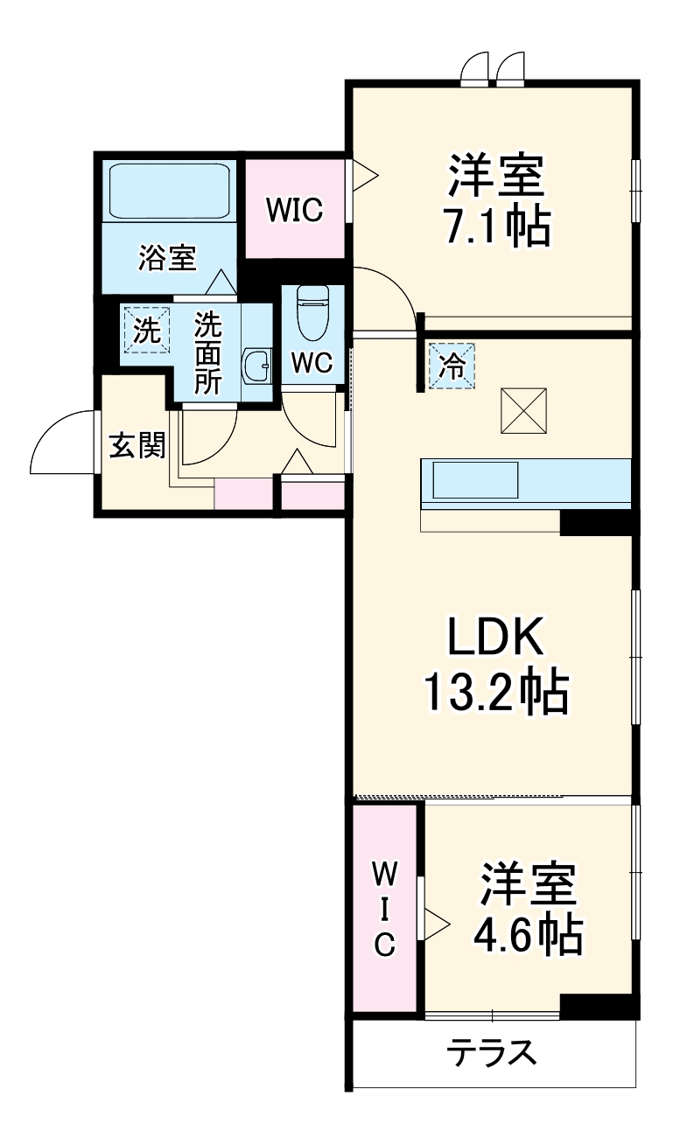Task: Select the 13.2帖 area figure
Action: pos(495,693)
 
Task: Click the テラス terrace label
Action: pos(492,1053)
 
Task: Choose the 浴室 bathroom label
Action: pos(166,257)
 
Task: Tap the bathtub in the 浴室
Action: pos(169,192)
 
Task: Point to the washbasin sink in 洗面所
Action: pos(256,366)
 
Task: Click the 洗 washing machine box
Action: pos(148,331)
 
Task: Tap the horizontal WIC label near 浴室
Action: pos(295,210)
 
